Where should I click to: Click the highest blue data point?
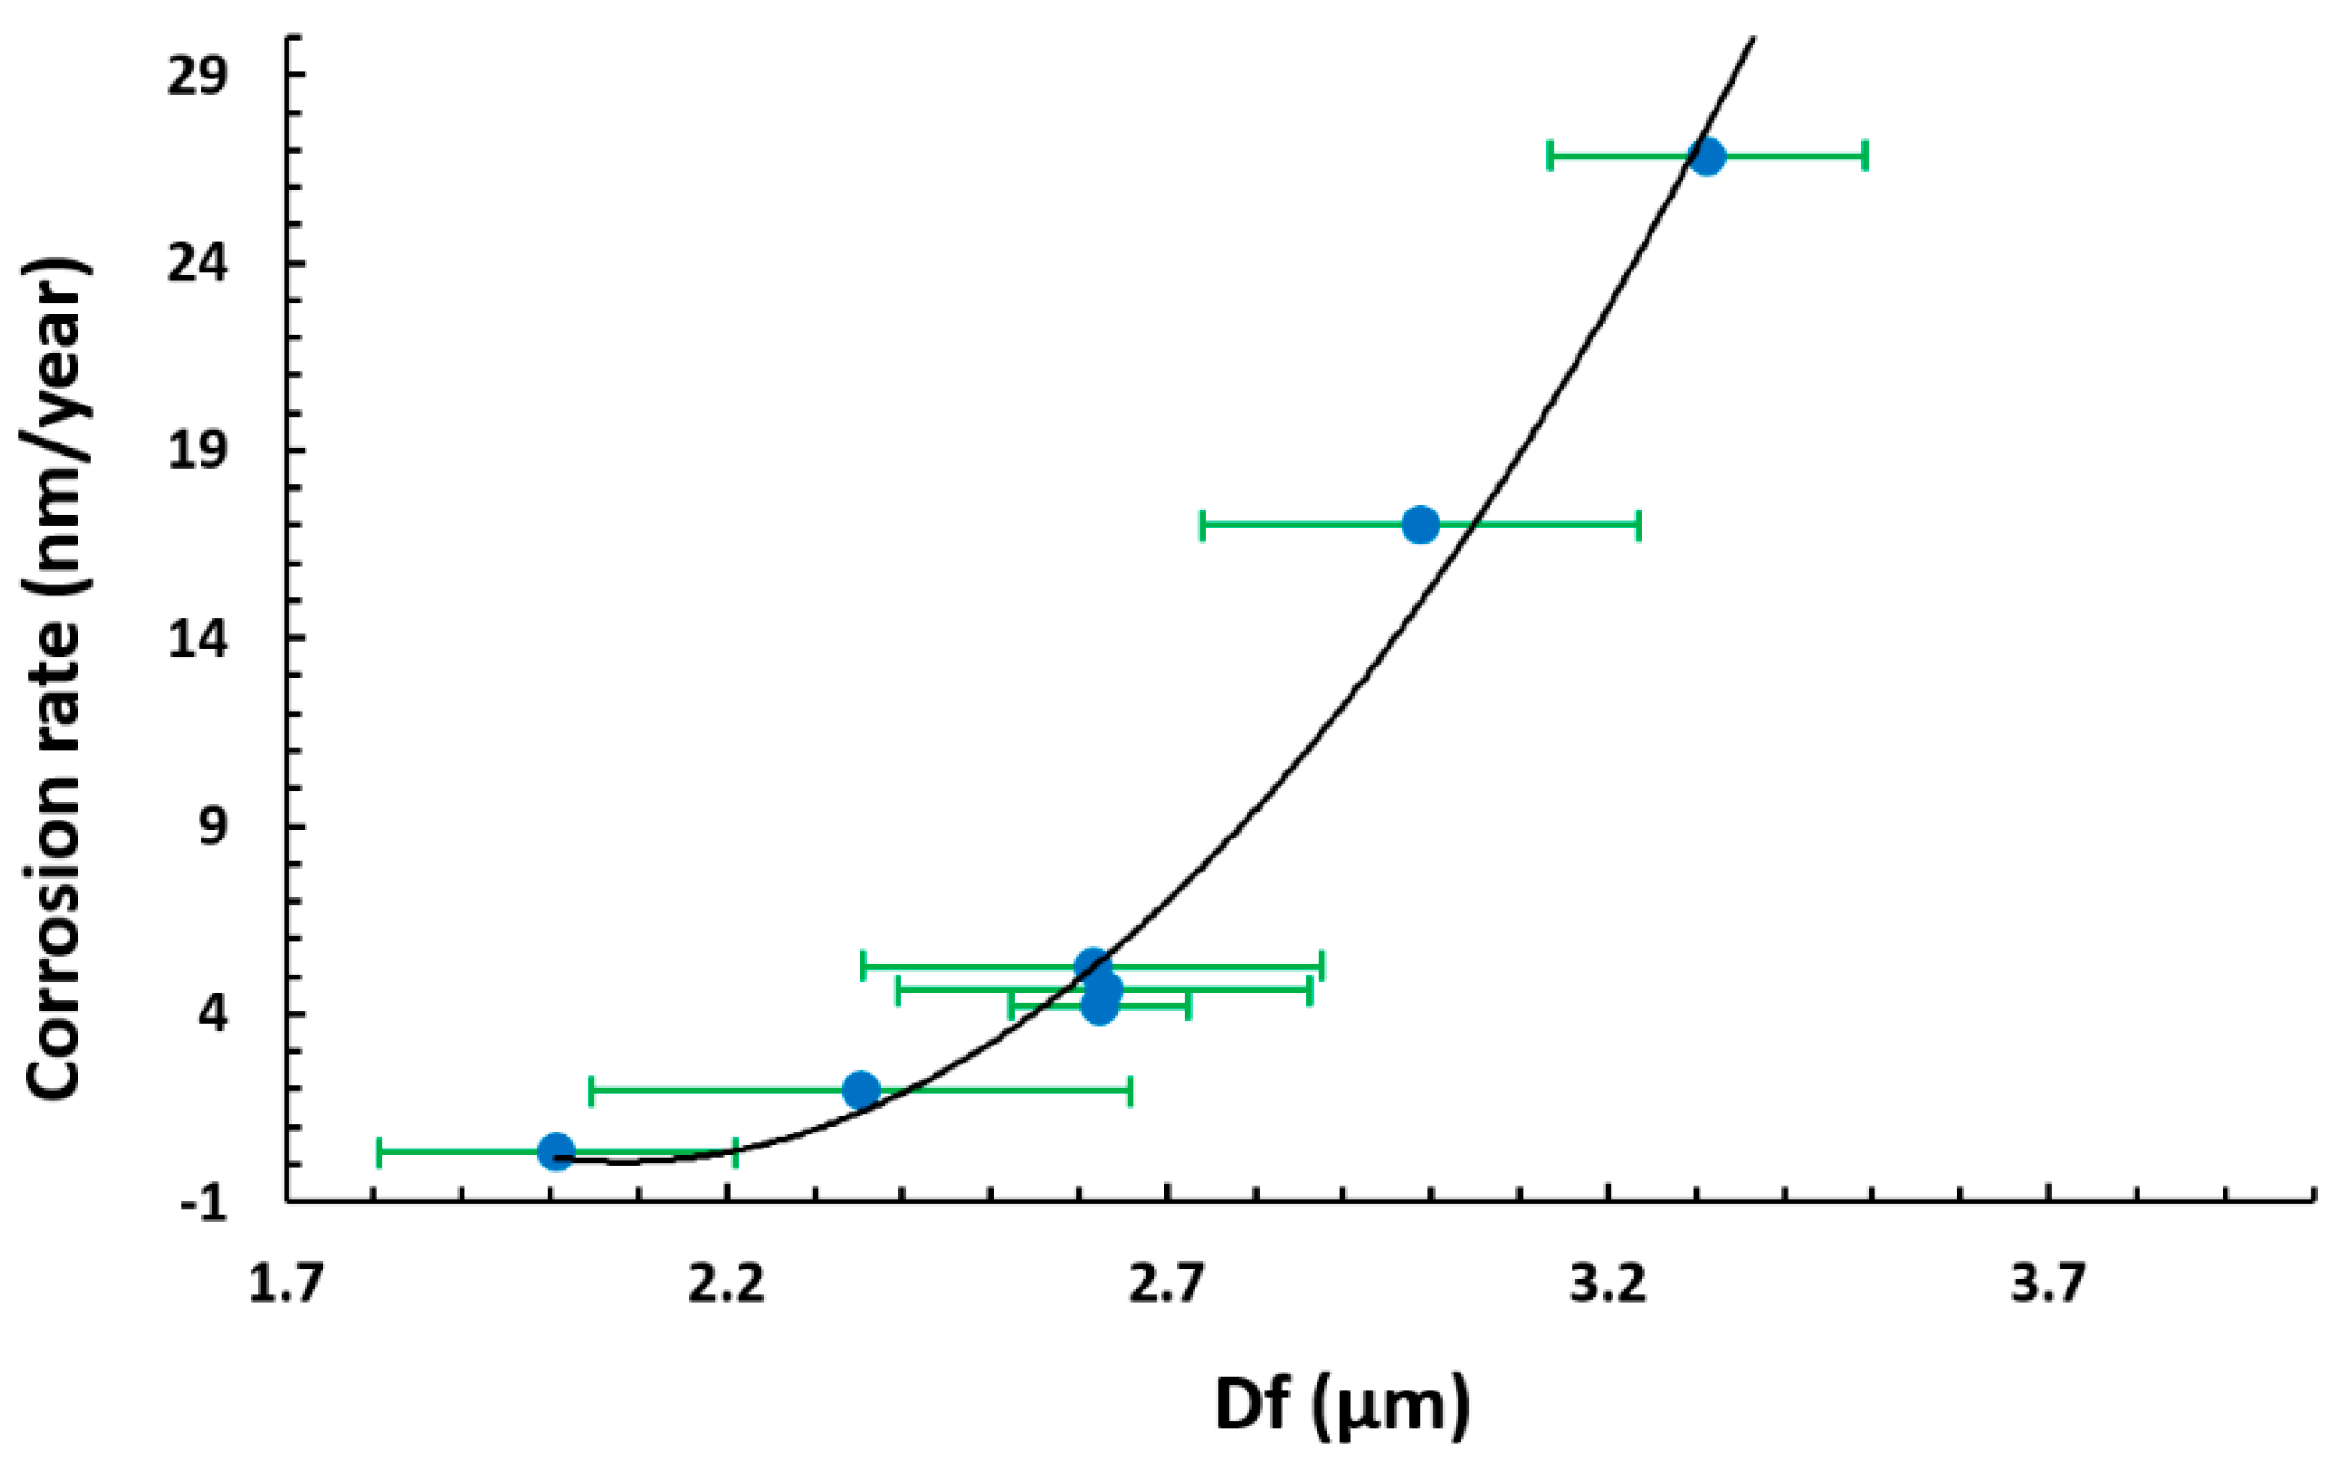pos(1706,156)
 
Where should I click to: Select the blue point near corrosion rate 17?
pos(1421,524)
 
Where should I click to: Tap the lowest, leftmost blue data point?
pos(556,1151)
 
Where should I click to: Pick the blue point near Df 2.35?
pos(861,1091)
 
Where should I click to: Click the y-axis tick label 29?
pos(198,77)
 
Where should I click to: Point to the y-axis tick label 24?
pos(198,264)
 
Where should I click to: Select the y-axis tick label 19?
pos(198,451)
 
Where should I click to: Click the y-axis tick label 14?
pos(198,639)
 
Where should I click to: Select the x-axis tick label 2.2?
pos(727,1285)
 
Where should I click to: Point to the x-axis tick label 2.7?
pos(1167,1285)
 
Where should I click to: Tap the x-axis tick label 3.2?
pos(1609,1285)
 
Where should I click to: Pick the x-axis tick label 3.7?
pos(2049,1285)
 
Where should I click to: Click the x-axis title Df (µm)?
pos(1342,1407)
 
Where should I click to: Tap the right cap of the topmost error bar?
pos(1865,155)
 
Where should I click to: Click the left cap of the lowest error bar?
pos(378,1151)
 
